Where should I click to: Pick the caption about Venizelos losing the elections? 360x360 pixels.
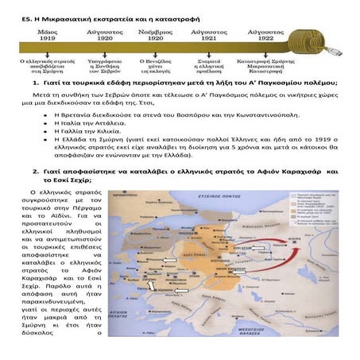pyautogui.click(x=156, y=64)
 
